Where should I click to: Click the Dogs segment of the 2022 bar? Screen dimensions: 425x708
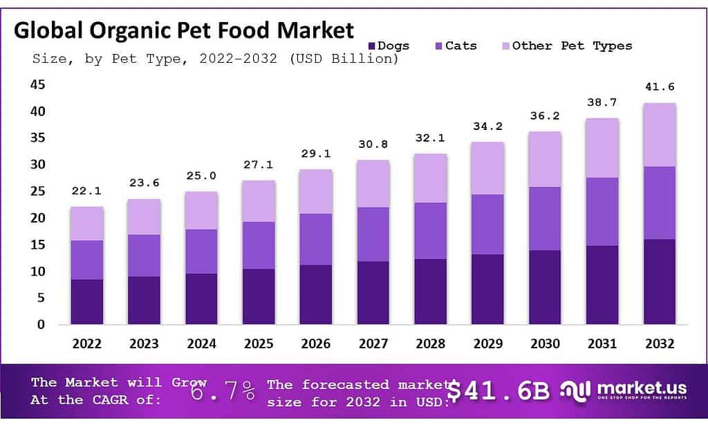[x=87, y=302]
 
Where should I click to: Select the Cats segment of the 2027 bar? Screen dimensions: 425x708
[x=373, y=234]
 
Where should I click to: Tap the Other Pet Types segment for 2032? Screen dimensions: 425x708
[x=660, y=135]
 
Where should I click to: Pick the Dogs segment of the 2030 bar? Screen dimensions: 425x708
[x=545, y=287]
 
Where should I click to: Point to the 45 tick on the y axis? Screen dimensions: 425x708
[x=37, y=84]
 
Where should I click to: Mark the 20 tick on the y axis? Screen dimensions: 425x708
[x=37, y=218]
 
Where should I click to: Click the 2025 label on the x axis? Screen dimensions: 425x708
[x=259, y=343]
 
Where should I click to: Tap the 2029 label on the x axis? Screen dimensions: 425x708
[x=487, y=343]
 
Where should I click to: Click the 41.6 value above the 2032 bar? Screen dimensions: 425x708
[x=660, y=88]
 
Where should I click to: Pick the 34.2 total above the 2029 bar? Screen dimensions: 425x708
[x=487, y=126]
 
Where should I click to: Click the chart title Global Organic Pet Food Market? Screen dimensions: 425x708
[x=184, y=30]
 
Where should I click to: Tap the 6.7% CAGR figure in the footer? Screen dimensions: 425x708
[x=223, y=390]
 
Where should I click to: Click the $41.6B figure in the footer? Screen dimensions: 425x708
[x=499, y=391]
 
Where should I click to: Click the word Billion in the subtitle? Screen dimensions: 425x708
[x=364, y=59]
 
